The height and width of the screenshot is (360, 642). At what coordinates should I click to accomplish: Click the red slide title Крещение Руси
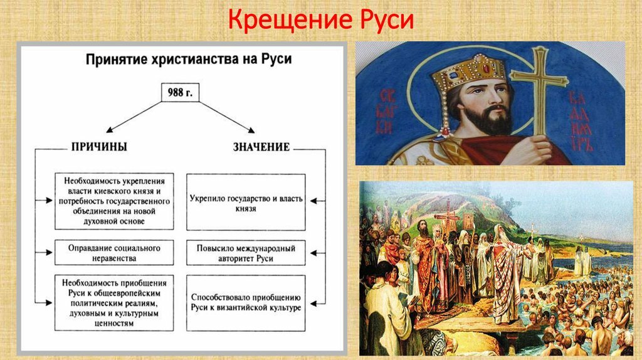pos(321,19)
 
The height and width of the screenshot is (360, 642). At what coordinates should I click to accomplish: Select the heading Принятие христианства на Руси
pos(189,59)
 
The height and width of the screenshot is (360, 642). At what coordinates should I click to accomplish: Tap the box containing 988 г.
pos(180,93)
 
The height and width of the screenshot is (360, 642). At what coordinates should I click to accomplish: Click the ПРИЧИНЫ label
pos(99,147)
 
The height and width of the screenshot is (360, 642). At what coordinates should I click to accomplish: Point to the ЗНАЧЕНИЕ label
pos(261,147)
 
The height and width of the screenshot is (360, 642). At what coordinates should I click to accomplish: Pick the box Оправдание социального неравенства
pos(114,253)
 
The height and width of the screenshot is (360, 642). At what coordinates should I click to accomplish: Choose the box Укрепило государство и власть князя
pos(246,202)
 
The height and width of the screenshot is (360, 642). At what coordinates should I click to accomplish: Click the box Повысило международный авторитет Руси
pos(246,253)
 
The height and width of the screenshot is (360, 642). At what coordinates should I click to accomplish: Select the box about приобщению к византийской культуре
pos(246,303)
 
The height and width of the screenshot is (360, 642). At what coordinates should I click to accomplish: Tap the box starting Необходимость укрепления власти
pos(114,201)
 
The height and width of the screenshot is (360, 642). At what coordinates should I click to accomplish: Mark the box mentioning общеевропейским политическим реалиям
pos(114,303)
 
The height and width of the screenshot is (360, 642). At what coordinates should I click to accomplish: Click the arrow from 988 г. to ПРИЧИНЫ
pos(134,117)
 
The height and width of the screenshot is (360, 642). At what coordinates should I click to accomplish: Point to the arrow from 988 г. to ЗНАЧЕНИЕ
pos(227,117)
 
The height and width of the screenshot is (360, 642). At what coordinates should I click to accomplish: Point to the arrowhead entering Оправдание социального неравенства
pos(50,253)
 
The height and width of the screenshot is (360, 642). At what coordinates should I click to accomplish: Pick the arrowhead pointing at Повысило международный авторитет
pos(313,253)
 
